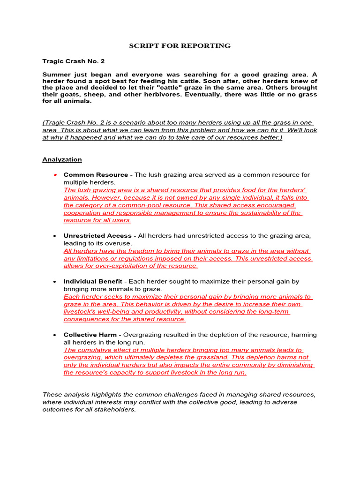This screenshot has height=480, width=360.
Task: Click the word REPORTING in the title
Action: (209, 46)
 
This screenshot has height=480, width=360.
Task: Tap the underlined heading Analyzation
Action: (62, 159)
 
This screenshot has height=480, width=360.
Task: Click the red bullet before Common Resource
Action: (55, 174)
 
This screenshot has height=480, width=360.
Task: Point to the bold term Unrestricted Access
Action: (97, 235)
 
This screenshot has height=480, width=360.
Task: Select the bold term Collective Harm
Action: (90, 335)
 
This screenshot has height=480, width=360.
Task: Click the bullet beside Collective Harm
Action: (55, 335)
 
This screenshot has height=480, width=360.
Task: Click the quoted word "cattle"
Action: (202, 88)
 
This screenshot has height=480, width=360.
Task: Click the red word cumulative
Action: (94, 350)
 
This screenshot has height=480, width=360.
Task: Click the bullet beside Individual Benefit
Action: (55, 281)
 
